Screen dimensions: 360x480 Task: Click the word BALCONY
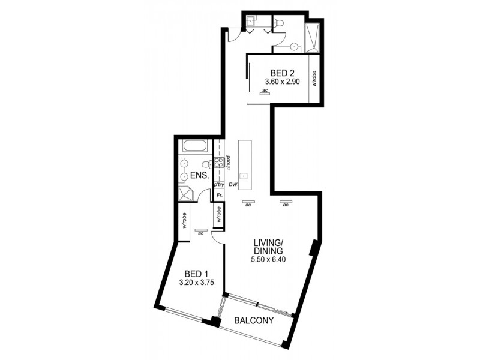point(254,321)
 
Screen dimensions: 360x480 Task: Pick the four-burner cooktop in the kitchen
point(219,161)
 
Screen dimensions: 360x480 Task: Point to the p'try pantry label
point(219,185)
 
